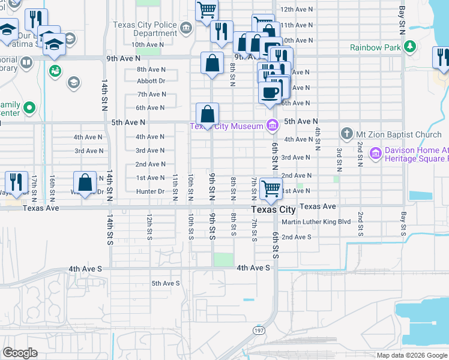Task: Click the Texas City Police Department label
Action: (x=145, y=29)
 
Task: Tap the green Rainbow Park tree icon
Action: (x=410, y=47)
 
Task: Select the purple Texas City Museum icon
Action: (x=271, y=125)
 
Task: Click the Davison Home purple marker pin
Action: (x=376, y=154)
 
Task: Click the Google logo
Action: (x=20, y=352)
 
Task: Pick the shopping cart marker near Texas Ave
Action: (x=271, y=188)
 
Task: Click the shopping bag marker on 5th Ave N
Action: (x=207, y=113)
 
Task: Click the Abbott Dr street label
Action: (x=151, y=80)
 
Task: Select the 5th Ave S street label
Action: (x=165, y=283)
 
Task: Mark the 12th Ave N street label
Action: (x=297, y=10)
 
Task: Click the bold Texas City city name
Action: (x=273, y=209)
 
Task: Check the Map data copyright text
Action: (x=412, y=355)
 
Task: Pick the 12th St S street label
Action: (x=149, y=226)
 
